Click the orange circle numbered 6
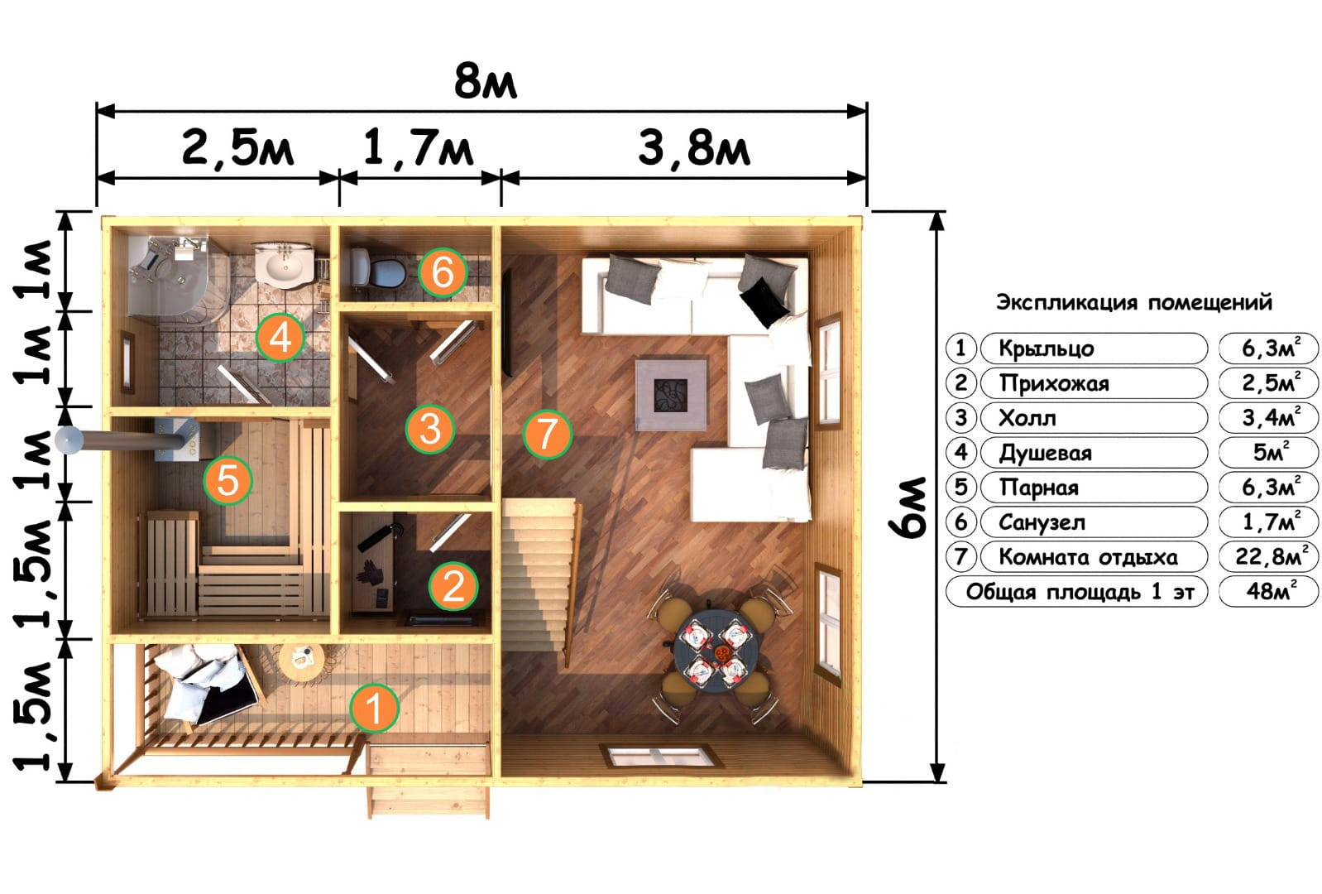[443, 272]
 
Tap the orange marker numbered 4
[280, 339]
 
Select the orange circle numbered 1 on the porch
[374, 708]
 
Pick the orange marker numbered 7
[547, 434]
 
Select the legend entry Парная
[1039, 488]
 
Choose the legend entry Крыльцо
[1046, 348]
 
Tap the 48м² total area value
[1269, 590]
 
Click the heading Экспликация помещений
[1133, 302]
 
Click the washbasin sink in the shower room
[286, 265]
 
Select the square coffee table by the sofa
[672, 395]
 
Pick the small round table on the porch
[301, 661]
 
